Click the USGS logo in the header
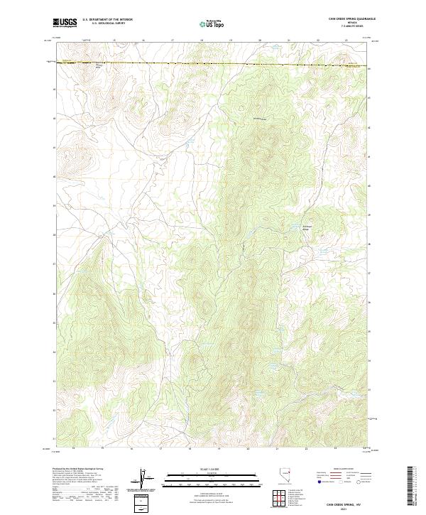click(x=65, y=23)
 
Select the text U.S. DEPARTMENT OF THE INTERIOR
click(x=107, y=21)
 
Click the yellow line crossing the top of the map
click(x=213, y=65)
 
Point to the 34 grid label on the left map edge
click(x=54, y=206)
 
